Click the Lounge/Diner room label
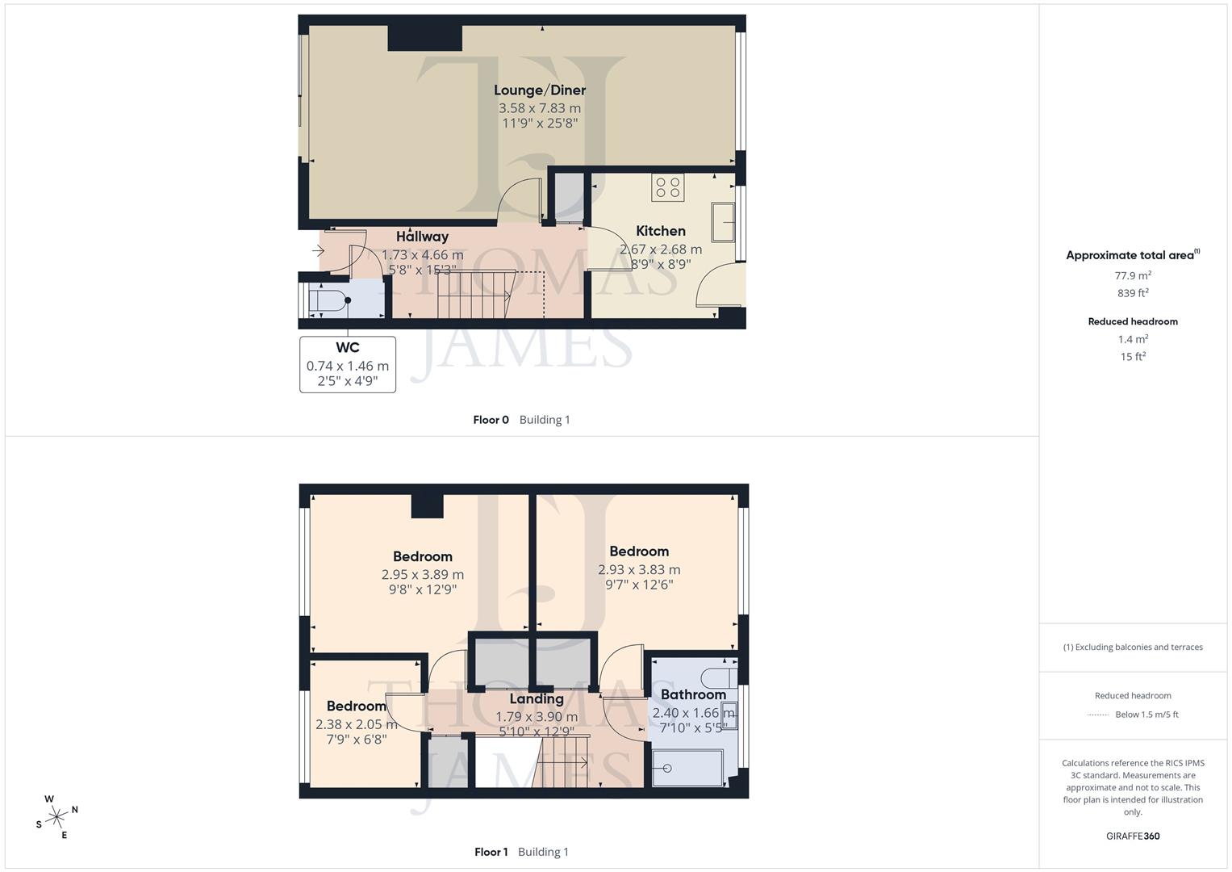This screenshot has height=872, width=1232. (539, 90)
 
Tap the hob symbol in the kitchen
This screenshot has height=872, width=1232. (668, 188)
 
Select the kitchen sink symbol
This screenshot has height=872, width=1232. (723, 222)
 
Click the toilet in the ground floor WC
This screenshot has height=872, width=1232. (328, 300)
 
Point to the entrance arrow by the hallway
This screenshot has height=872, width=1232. (318, 252)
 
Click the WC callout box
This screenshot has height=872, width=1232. (348, 365)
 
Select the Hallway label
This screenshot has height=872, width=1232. (422, 237)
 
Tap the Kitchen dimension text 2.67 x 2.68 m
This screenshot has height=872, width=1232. (660, 249)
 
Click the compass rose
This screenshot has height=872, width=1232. (56, 817)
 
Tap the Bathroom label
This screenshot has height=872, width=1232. (693, 694)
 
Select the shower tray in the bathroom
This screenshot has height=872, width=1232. (687, 767)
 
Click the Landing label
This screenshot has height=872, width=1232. (537, 699)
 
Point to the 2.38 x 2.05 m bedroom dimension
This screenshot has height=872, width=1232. (356, 724)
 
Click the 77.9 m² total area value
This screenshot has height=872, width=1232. (1133, 275)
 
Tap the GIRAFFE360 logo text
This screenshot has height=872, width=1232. (1133, 836)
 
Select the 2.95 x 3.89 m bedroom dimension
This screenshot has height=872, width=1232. (422, 575)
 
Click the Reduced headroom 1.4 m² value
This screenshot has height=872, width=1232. (1133, 339)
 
